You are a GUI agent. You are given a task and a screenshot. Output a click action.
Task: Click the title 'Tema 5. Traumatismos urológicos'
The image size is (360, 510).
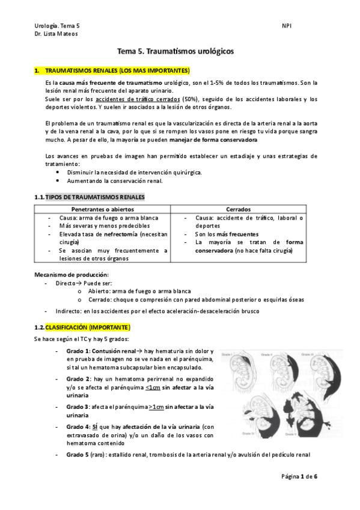pos(179,52)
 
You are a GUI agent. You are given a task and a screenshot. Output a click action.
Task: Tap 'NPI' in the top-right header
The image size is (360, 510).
pos(286,25)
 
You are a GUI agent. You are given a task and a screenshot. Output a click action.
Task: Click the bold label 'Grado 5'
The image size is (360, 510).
pos(78,455)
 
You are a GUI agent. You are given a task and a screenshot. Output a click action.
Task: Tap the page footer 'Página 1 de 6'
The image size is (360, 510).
pos(299,476)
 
